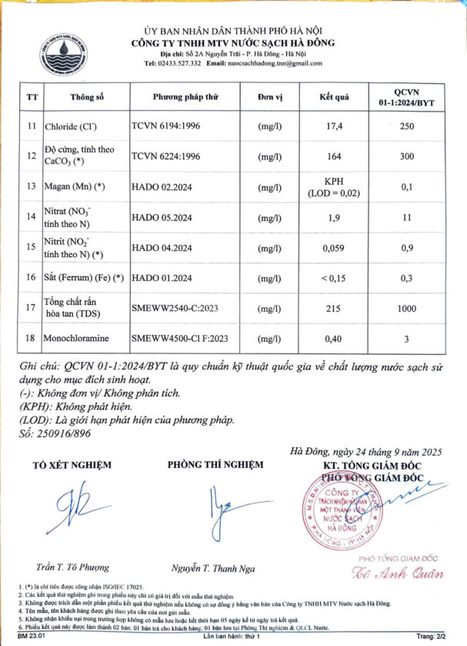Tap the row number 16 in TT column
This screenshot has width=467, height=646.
(32, 277)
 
